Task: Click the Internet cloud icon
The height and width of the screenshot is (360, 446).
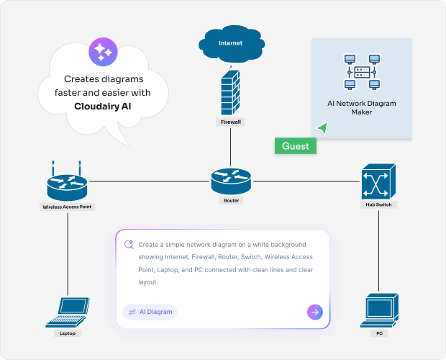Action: coord(230,43)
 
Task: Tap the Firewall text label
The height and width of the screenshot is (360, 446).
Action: coord(230,122)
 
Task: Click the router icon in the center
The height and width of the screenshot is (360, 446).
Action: coord(230,181)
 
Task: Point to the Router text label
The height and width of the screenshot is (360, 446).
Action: coord(230,201)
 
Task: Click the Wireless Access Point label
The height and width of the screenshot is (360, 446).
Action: coord(68,207)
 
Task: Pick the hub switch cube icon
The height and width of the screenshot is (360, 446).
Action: coord(378,181)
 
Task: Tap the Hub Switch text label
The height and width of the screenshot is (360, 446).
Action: coord(378,205)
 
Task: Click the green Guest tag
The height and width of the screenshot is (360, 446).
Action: coord(296,146)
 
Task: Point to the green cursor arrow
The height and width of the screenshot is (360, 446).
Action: coord(322,128)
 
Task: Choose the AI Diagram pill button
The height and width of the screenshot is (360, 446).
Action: coord(150,312)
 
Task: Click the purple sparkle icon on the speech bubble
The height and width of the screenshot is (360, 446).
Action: coord(101,52)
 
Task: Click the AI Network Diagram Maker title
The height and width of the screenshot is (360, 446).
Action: coord(362,108)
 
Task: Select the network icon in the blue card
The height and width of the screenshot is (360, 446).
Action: coord(362,73)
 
